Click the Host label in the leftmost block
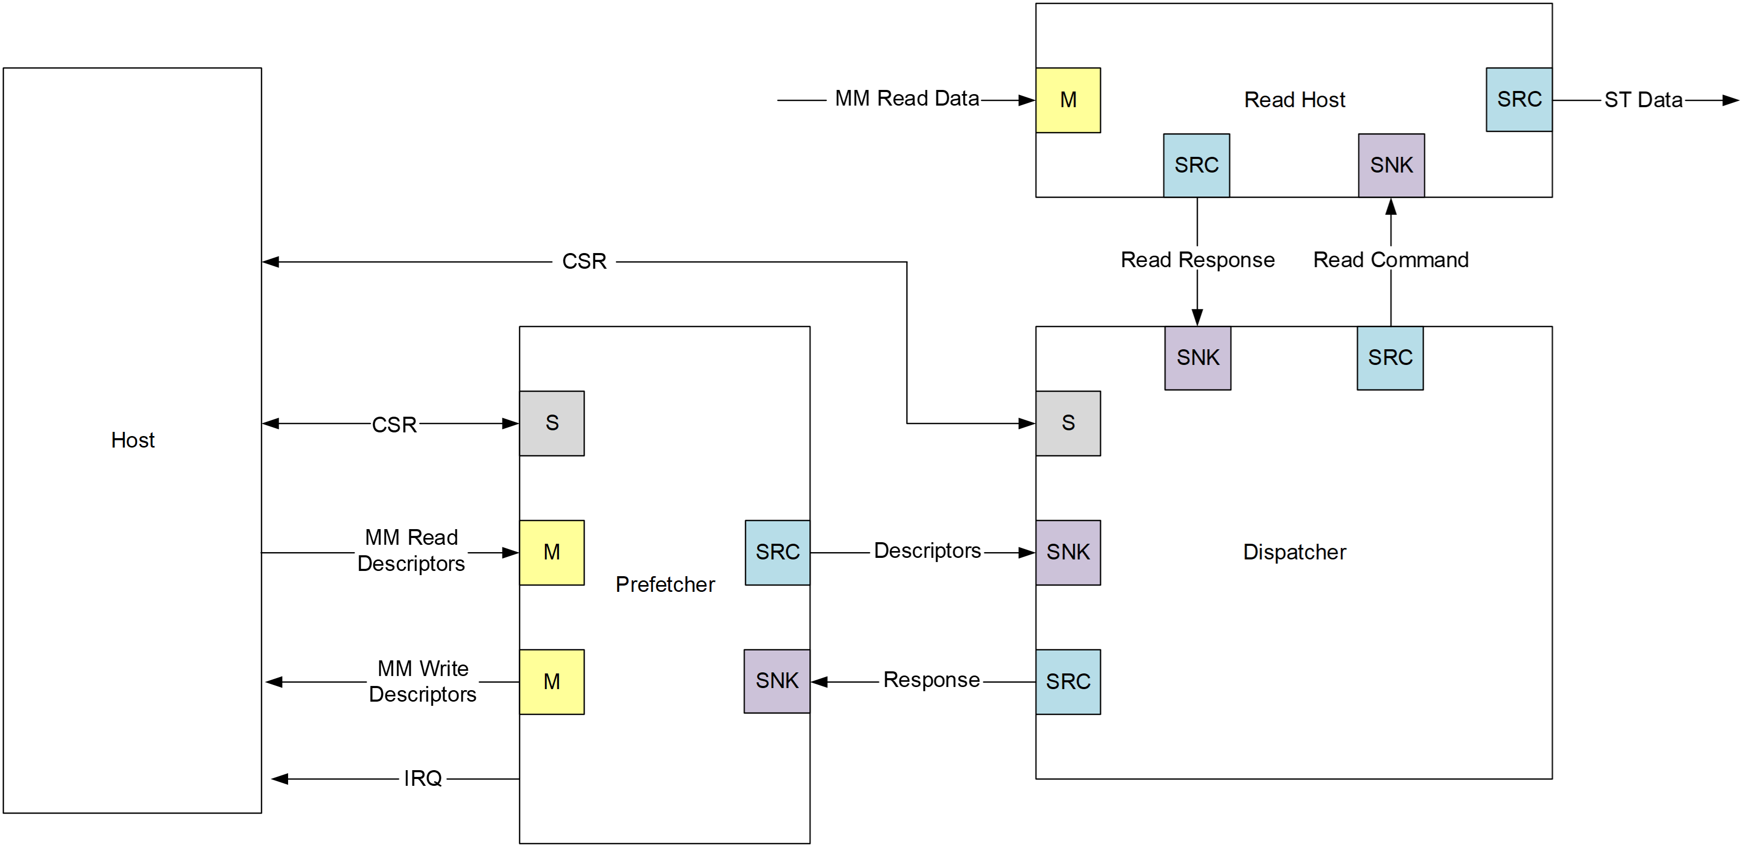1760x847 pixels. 132,440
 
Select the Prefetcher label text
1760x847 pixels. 665,584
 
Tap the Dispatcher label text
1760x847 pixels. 1294,552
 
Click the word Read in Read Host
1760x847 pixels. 1268,100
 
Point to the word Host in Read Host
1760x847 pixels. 1323,100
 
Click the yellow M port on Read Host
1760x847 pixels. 1068,100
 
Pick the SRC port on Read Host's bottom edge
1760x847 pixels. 1196,165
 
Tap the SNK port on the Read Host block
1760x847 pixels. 1391,165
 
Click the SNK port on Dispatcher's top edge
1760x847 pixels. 1198,357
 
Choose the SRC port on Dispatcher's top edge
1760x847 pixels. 1390,357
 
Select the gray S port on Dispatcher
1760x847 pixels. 1068,423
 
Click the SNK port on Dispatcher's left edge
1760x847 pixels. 1068,552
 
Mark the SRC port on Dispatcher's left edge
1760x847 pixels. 1068,681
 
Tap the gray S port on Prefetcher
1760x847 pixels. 552,423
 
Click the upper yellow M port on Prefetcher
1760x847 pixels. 552,552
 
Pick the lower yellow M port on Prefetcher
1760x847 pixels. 552,681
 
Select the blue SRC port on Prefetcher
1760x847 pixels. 777,552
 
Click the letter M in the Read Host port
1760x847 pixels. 1068,100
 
